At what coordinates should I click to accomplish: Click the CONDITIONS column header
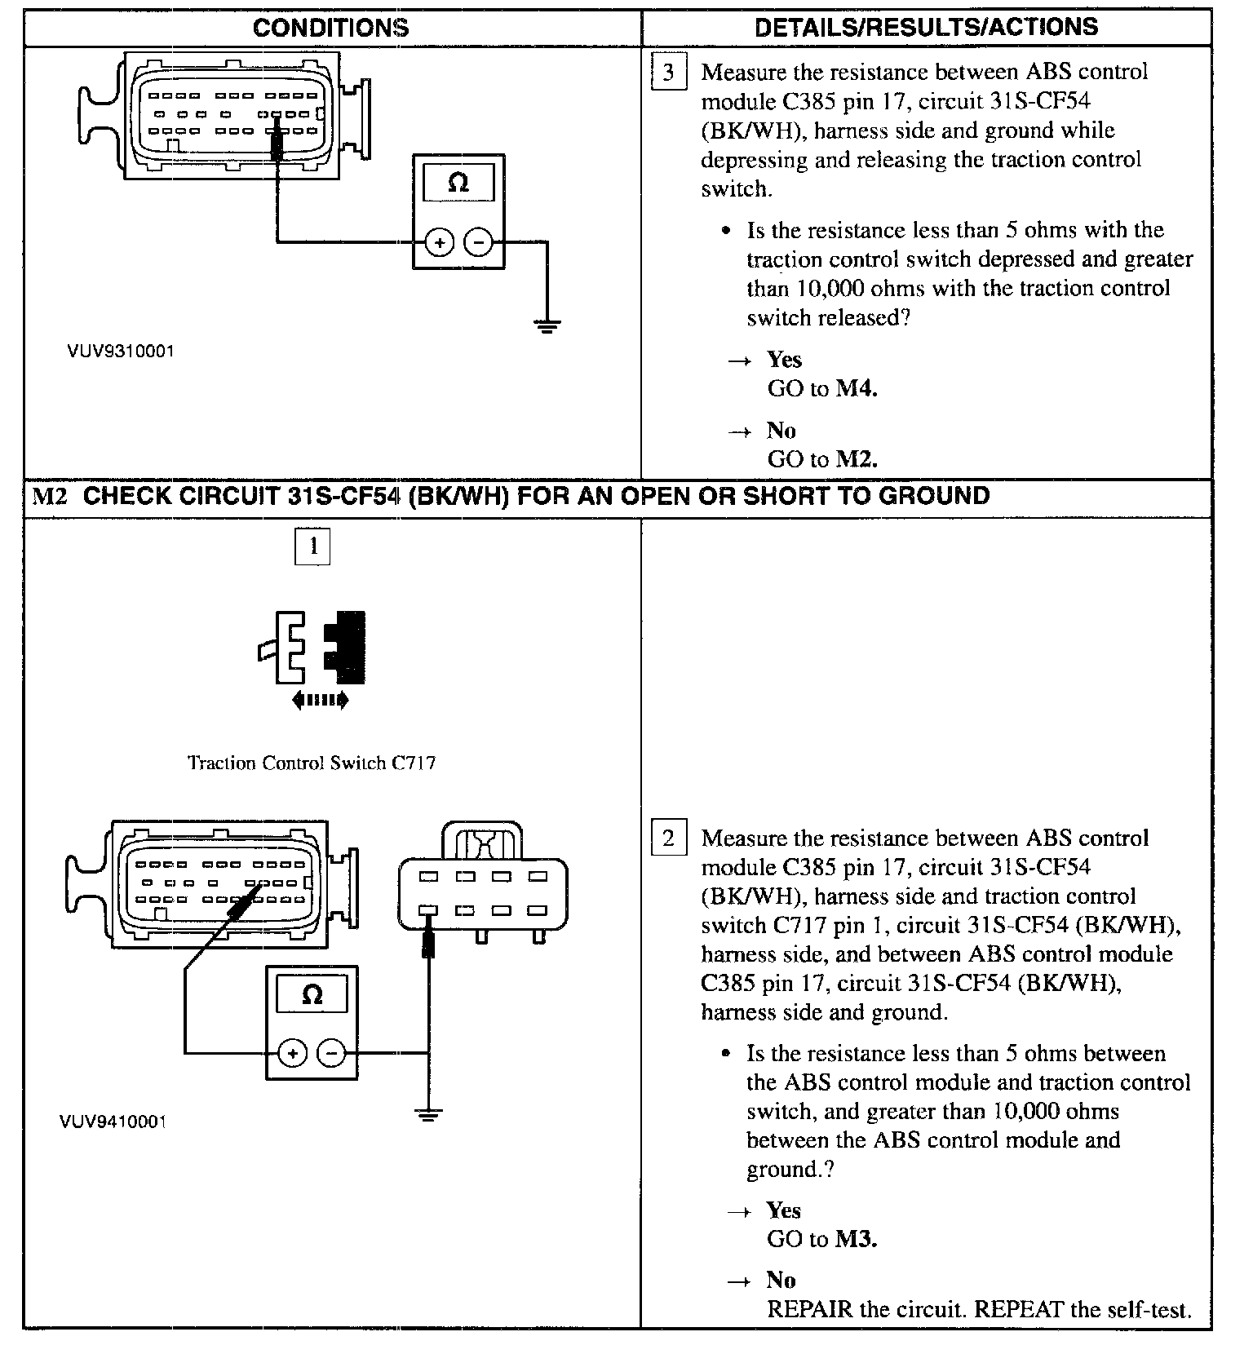[331, 28]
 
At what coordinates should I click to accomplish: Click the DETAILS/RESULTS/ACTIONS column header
[926, 28]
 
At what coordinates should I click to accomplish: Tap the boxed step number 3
[668, 73]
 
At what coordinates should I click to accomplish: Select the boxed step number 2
[668, 838]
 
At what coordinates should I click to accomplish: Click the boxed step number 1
[312, 546]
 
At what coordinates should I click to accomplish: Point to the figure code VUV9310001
[121, 352]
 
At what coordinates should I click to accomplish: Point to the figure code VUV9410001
[113, 1122]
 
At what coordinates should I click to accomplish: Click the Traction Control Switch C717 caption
[312, 763]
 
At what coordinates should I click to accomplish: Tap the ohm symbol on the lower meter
[312, 995]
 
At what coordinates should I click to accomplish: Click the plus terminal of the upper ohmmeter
[440, 242]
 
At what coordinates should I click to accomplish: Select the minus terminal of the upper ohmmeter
[478, 242]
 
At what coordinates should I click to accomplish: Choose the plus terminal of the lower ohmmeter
[292, 1053]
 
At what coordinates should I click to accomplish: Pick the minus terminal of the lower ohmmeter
[331, 1053]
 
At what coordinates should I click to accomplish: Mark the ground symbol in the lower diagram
[428, 1113]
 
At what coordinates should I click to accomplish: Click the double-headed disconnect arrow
[320, 699]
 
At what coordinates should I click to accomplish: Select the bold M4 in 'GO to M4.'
[857, 388]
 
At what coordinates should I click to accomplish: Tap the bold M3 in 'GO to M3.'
[856, 1240]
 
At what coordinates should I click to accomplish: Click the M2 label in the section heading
[50, 497]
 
